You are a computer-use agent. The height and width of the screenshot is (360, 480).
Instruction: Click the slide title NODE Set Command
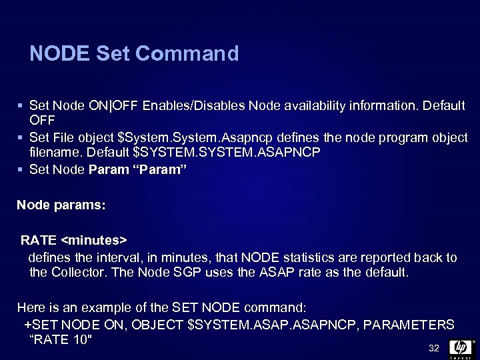tap(134, 53)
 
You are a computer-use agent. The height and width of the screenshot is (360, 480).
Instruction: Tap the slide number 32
tap(434, 348)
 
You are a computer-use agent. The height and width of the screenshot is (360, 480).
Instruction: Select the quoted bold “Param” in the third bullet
tap(159, 169)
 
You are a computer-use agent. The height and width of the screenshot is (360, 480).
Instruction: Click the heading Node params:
tap(61, 204)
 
